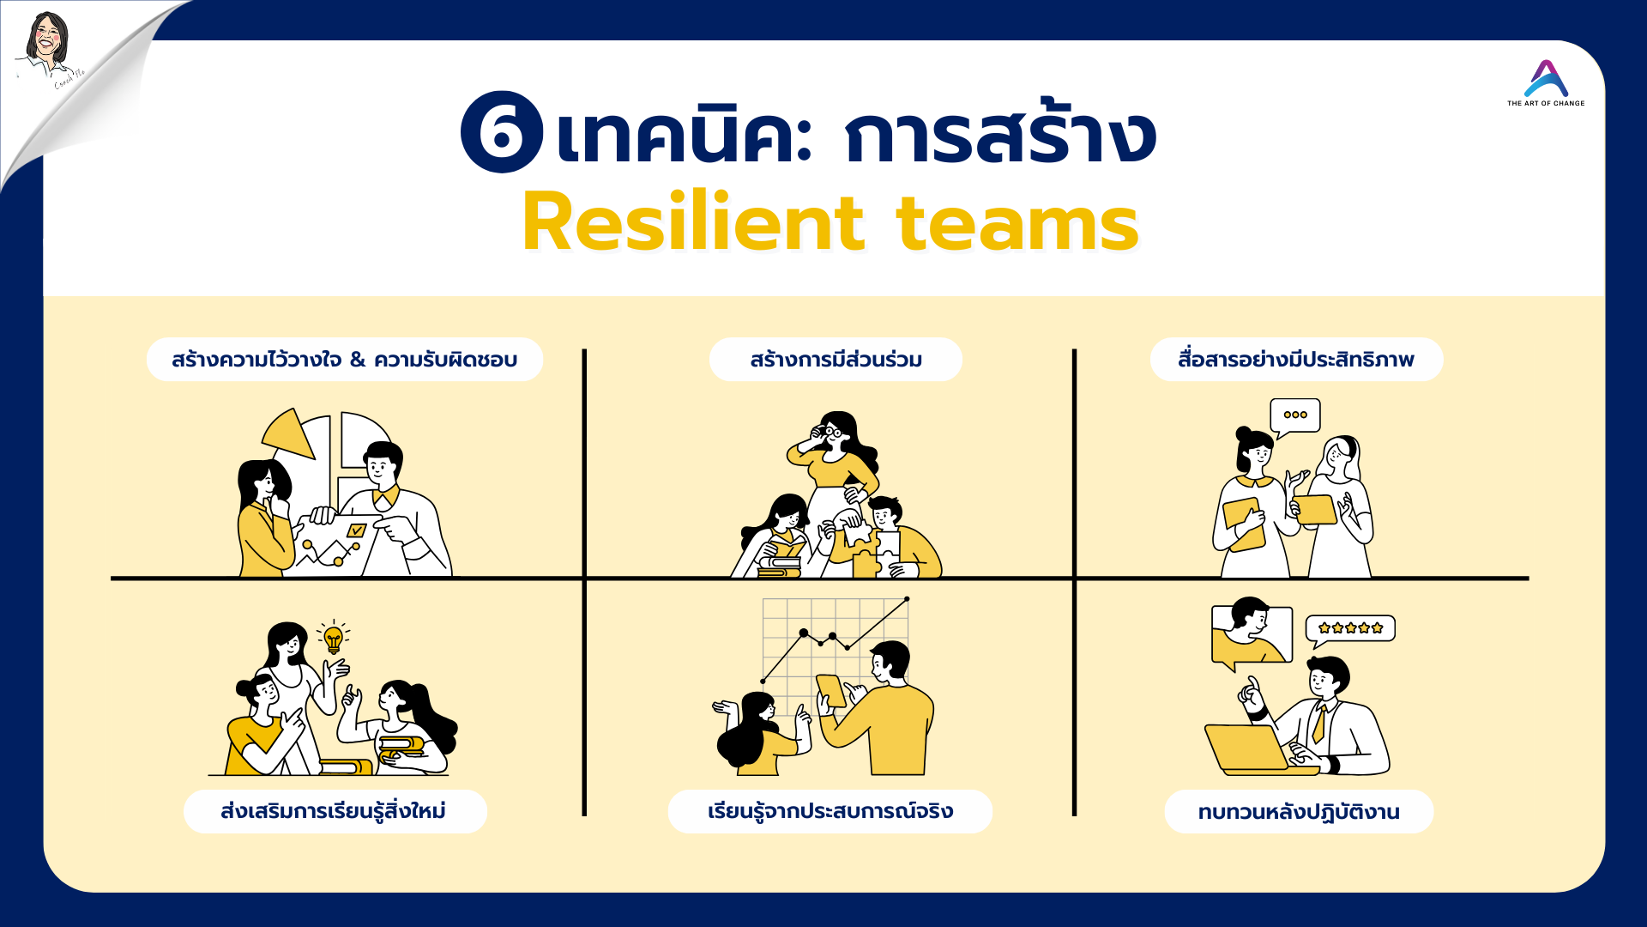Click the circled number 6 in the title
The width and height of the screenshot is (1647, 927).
click(502, 132)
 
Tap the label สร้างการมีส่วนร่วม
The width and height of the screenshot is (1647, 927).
click(836, 359)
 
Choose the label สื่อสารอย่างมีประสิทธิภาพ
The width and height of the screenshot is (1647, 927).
click(1296, 359)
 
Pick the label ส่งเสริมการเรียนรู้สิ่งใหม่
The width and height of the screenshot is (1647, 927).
click(335, 811)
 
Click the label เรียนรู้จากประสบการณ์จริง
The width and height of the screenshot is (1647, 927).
click(830, 811)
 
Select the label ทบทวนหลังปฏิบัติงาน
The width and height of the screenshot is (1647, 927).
click(1299, 811)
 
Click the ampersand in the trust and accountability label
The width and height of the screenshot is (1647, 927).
click(358, 360)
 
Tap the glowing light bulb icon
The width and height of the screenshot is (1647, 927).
click(334, 638)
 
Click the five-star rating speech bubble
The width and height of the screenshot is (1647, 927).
click(1350, 629)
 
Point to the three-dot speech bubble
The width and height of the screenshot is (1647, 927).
click(1294, 416)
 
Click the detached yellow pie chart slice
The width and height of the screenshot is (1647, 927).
click(290, 433)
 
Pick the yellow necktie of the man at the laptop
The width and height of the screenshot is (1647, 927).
click(1319, 723)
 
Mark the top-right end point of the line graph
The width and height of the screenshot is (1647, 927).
click(907, 598)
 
